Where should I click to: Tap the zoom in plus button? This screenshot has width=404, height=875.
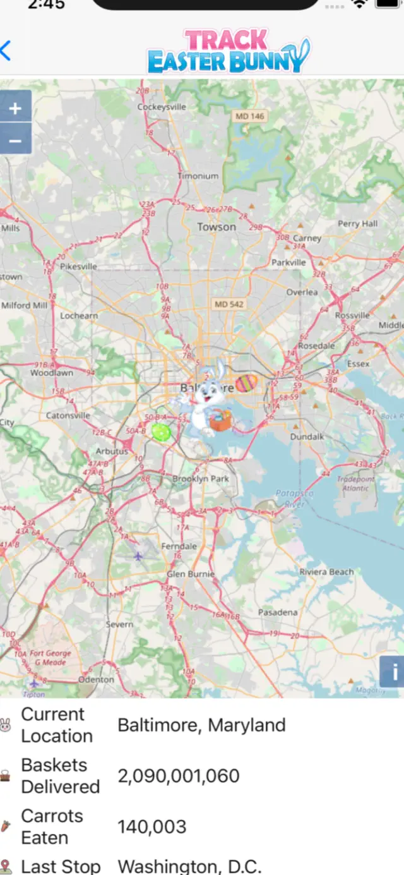pos(15,109)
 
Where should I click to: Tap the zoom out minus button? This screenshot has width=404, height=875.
pos(15,140)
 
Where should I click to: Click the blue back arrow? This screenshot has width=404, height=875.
pos(6,51)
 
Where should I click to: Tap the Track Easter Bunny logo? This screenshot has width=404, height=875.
pos(229,52)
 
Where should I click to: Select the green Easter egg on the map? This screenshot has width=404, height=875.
pos(161,432)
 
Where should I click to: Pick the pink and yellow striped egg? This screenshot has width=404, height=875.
pos(247,383)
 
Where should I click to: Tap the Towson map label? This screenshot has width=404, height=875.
pos(217,227)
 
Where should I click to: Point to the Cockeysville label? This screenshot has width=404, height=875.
pos(162,107)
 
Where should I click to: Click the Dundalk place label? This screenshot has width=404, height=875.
pos(307,437)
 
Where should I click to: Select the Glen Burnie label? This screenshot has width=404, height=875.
pos(190,574)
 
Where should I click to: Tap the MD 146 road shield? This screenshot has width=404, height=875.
pos(250,116)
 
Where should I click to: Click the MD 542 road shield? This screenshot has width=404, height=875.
pos(229,304)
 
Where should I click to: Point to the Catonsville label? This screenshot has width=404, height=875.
pos(68,416)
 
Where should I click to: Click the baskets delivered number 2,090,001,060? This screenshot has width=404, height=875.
pos(179,776)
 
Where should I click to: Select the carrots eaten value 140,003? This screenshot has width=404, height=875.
pos(152,826)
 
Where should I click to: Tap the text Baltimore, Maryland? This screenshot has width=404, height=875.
pos(201,725)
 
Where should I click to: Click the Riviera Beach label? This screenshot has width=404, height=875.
pos(326,572)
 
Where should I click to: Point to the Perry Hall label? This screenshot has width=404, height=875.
pos(357,224)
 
